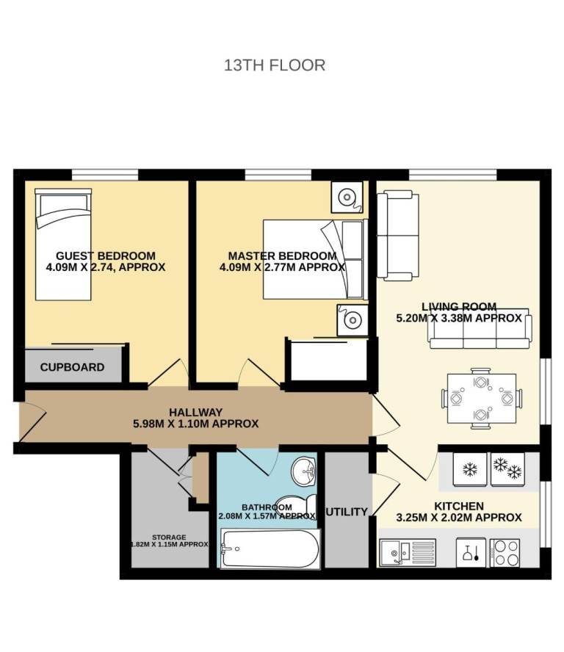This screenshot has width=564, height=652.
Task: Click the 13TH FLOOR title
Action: click(x=275, y=65)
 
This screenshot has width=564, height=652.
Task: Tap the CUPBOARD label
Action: click(x=73, y=367)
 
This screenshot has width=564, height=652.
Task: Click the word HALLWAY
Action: click(x=195, y=412)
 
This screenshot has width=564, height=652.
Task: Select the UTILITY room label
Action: click(x=346, y=512)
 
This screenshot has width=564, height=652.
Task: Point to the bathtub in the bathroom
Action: click(x=270, y=548)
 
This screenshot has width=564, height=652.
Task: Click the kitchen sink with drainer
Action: click(x=408, y=552)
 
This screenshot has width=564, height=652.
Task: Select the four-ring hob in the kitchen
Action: click(x=505, y=553)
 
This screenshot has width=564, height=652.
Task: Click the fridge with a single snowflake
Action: click(x=470, y=469)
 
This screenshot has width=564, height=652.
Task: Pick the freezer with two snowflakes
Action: click(x=508, y=469)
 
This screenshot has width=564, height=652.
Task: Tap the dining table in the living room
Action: click(x=482, y=399)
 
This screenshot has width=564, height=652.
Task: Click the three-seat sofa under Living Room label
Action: click(x=480, y=328)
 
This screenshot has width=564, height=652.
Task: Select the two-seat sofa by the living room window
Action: click(x=397, y=236)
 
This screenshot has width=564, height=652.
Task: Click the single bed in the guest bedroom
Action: click(x=63, y=244)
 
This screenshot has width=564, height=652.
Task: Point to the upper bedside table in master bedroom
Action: click(x=347, y=197)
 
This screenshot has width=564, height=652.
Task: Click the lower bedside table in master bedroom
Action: click(x=352, y=320)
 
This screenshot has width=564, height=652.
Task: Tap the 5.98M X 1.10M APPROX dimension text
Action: click(x=195, y=424)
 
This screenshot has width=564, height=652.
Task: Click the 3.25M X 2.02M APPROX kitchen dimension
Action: click(x=459, y=518)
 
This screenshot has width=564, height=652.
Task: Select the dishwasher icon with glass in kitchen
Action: click(x=471, y=553)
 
